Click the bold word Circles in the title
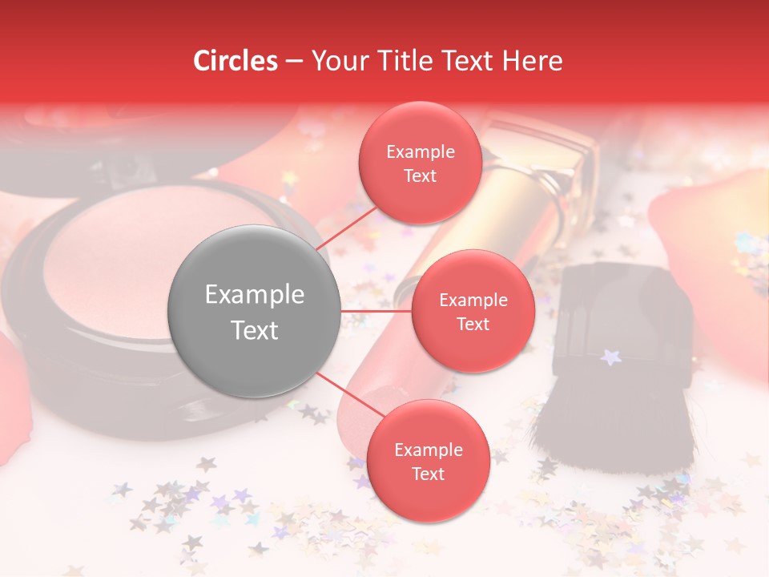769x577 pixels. click(236, 61)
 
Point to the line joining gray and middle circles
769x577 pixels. click(376, 311)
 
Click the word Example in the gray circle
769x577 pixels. click(255, 295)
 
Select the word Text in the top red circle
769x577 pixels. click(421, 176)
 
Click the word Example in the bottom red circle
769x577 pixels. click(429, 450)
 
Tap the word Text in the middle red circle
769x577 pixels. click(473, 324)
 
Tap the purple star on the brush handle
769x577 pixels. click(611, 357)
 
